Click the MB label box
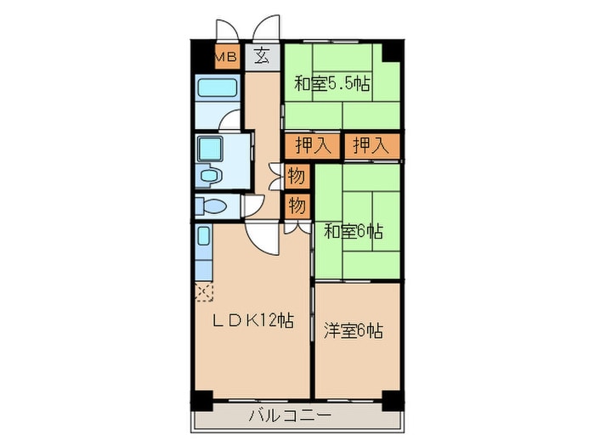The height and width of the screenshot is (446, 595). [x=225, y=57]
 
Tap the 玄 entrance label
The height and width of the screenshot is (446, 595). [x=263, y=57]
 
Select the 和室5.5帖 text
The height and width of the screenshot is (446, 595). [x=332, y=84]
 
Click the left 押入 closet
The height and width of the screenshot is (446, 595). [x=312, y=144]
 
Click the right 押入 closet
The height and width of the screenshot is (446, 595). [x=371, y=144]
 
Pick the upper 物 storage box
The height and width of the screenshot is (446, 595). [x=296, y=177]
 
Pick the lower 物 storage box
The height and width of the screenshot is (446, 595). [x=296, y=205]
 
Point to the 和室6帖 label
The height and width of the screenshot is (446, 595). [x=352, y=230]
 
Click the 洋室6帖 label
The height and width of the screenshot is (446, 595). [x=352, y=330]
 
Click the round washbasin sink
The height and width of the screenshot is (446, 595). [x=208, y=177]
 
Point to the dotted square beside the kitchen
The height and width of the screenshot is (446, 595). [x=204, y=292]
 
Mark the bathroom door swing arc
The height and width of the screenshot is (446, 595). [x=230, y=119]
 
